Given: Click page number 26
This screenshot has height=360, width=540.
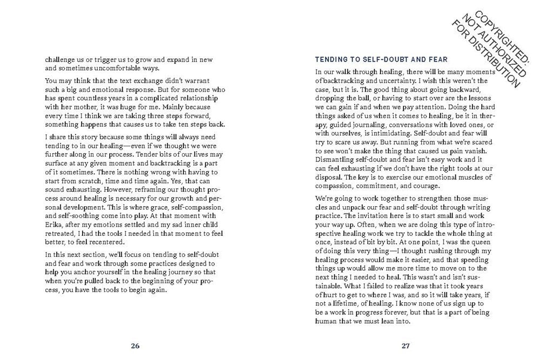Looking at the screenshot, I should click(x=136, y=345).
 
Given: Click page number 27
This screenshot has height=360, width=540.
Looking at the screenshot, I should click(x=406, y=345).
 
